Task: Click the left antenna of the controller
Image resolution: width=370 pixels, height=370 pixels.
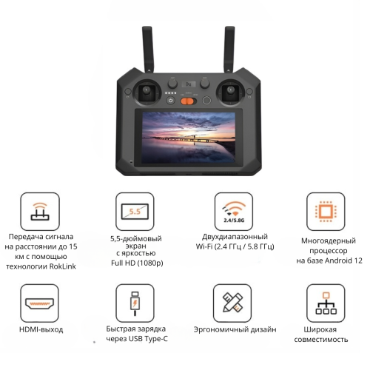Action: tap(148, 50)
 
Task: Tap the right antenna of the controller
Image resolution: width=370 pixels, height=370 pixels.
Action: tap(229, 50)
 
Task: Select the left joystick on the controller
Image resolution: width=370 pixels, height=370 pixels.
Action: tap(147, 92)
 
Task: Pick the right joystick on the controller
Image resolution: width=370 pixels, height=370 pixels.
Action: tap(231, 92)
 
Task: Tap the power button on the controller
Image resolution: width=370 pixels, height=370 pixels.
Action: tap(171, 101)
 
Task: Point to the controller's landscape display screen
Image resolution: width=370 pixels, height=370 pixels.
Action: tap(189, 138)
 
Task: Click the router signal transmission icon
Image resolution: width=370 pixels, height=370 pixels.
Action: tap(40, 212)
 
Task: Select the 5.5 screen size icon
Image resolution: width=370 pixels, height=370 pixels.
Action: tap(135, 212)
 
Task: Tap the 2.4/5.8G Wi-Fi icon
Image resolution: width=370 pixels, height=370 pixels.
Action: tap(234, 212)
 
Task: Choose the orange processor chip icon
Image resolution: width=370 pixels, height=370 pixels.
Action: tap(326, 212)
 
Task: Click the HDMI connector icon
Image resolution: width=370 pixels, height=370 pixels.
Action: tap(39, 303)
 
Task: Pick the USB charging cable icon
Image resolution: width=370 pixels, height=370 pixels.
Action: tap(135, 303)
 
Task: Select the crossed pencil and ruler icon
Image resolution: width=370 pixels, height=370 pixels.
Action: tap(232, 303)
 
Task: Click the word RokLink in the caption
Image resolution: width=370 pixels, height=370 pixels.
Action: tap(63, 266)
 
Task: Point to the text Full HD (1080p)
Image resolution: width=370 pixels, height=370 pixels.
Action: tap(137, 263)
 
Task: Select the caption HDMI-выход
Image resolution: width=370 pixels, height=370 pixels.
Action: tap(41, 329)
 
